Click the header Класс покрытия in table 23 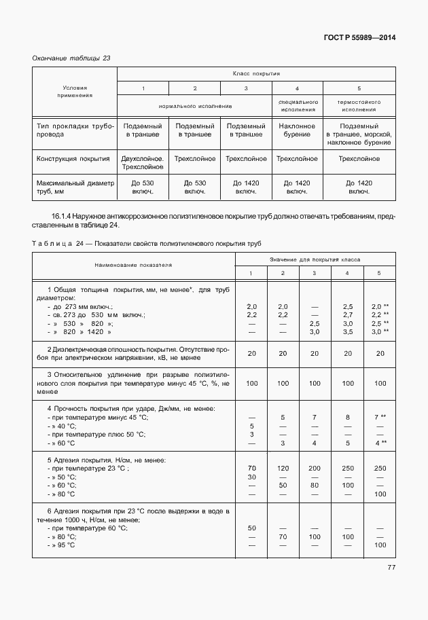coord(257,73)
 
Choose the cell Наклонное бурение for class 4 coord(297,130)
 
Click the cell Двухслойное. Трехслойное coord(143,162)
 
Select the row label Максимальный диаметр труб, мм coord(75,187)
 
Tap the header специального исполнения coord(297,105)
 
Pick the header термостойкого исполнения coord(359,105)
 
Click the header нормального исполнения coord(196,106)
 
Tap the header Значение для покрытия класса coord(315,259)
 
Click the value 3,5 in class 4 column coord(348,331)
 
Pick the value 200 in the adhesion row coord(314,469)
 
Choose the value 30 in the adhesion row coord(252,477)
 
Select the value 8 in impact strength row coord(348,417)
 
